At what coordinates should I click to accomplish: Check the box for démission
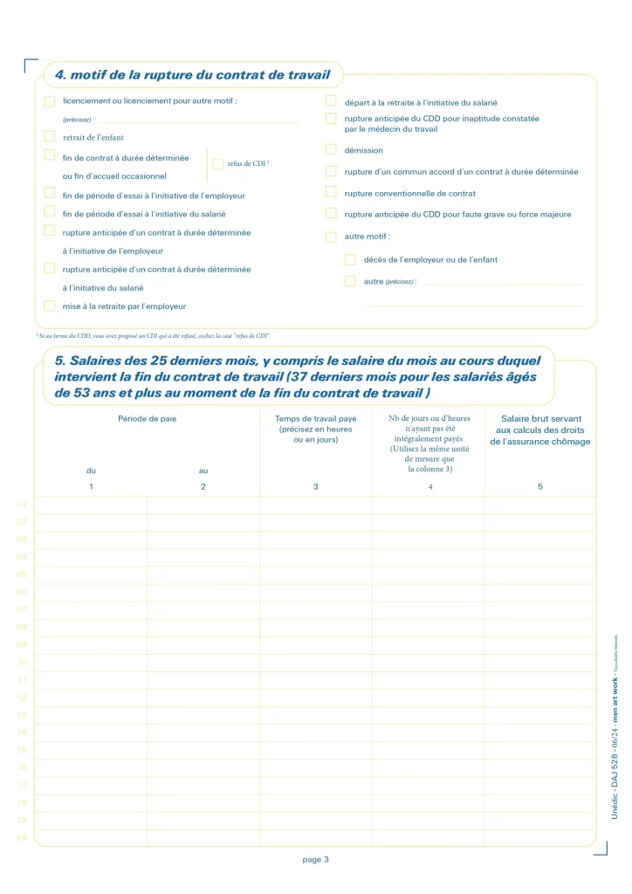(331, 150)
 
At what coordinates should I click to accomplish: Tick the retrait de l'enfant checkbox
(50, 136)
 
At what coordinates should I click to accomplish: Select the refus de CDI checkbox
(218, 164)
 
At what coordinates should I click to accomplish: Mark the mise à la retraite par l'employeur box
(50, 306)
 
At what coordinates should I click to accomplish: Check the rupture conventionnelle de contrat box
(331, 192)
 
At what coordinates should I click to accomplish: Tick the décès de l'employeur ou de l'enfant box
(350, 259)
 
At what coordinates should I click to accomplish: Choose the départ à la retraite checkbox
(331, 101)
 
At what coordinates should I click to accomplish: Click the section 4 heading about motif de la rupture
(192, 74)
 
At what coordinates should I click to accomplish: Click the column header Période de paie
(147, 419)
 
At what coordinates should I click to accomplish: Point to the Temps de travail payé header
(315, 429)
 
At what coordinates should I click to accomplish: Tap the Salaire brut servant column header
(540, 430)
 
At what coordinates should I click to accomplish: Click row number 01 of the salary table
(22, 505)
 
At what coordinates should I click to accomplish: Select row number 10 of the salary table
(22, 662)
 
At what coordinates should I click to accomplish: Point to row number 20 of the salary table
(22, 837)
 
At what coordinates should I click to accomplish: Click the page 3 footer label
(315, 860)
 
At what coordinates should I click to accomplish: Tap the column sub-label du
(91, 471)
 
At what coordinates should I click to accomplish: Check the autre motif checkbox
(331, 237)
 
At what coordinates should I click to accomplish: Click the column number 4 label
(429, 486)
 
